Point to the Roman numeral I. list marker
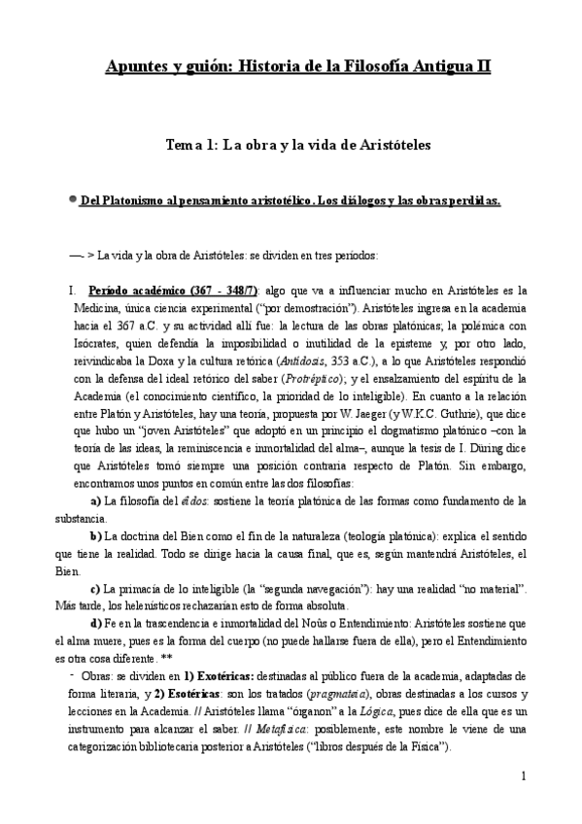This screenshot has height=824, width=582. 71,291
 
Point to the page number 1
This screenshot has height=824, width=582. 523,775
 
